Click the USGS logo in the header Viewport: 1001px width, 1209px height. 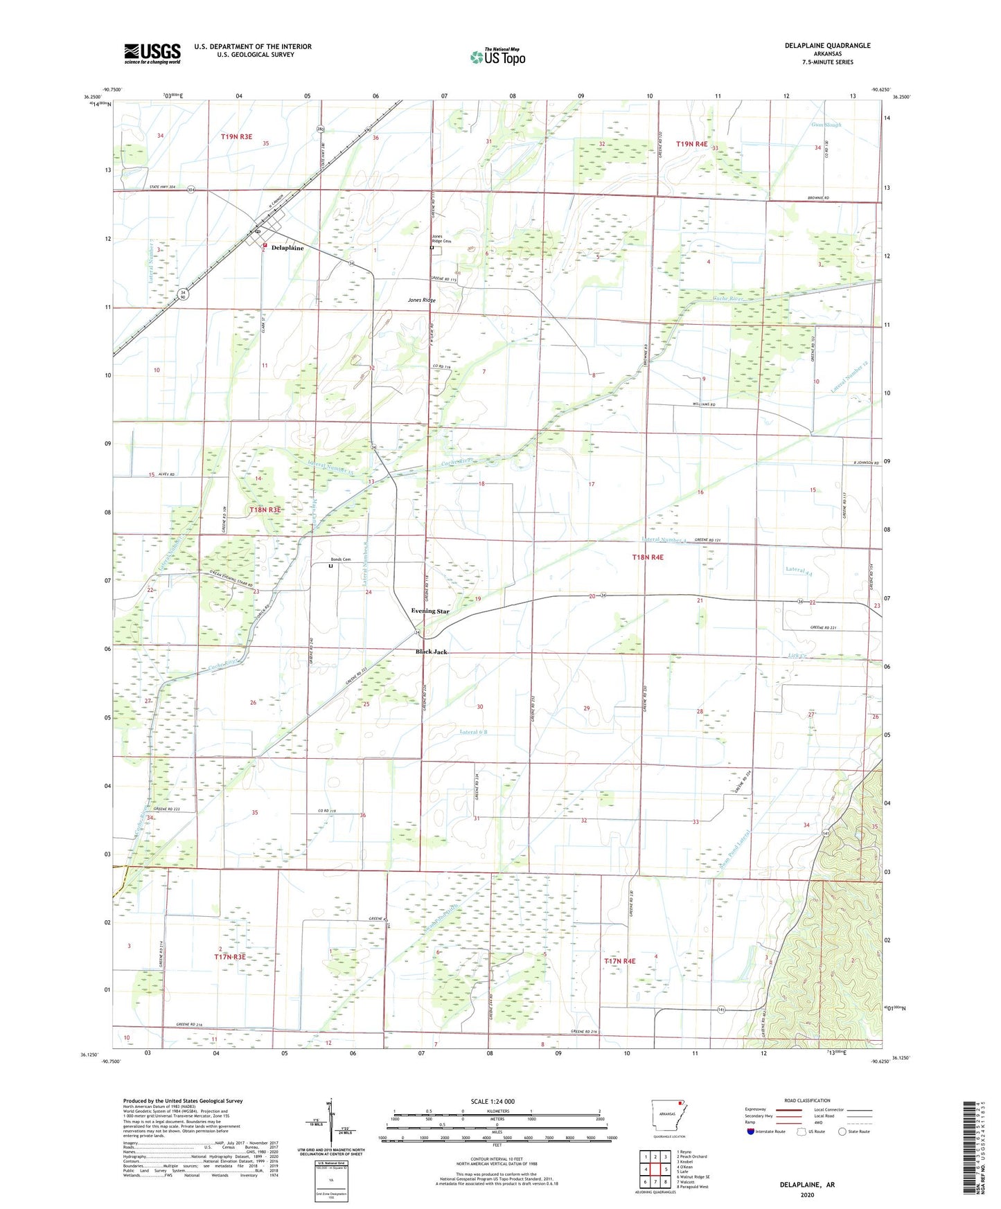coord(152,53)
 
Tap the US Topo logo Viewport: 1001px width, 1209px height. coord(497,56)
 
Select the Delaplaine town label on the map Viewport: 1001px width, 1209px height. coord(287,248)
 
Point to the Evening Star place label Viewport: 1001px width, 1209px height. coord(429,611)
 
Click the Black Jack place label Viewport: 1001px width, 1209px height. coord(431,652)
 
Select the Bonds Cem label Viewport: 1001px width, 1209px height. coord(340,559)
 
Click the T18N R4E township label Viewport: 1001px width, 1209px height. coord(647,557)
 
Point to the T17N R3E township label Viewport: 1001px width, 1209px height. coord(230,957)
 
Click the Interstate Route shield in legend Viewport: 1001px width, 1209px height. coord(750,1131)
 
